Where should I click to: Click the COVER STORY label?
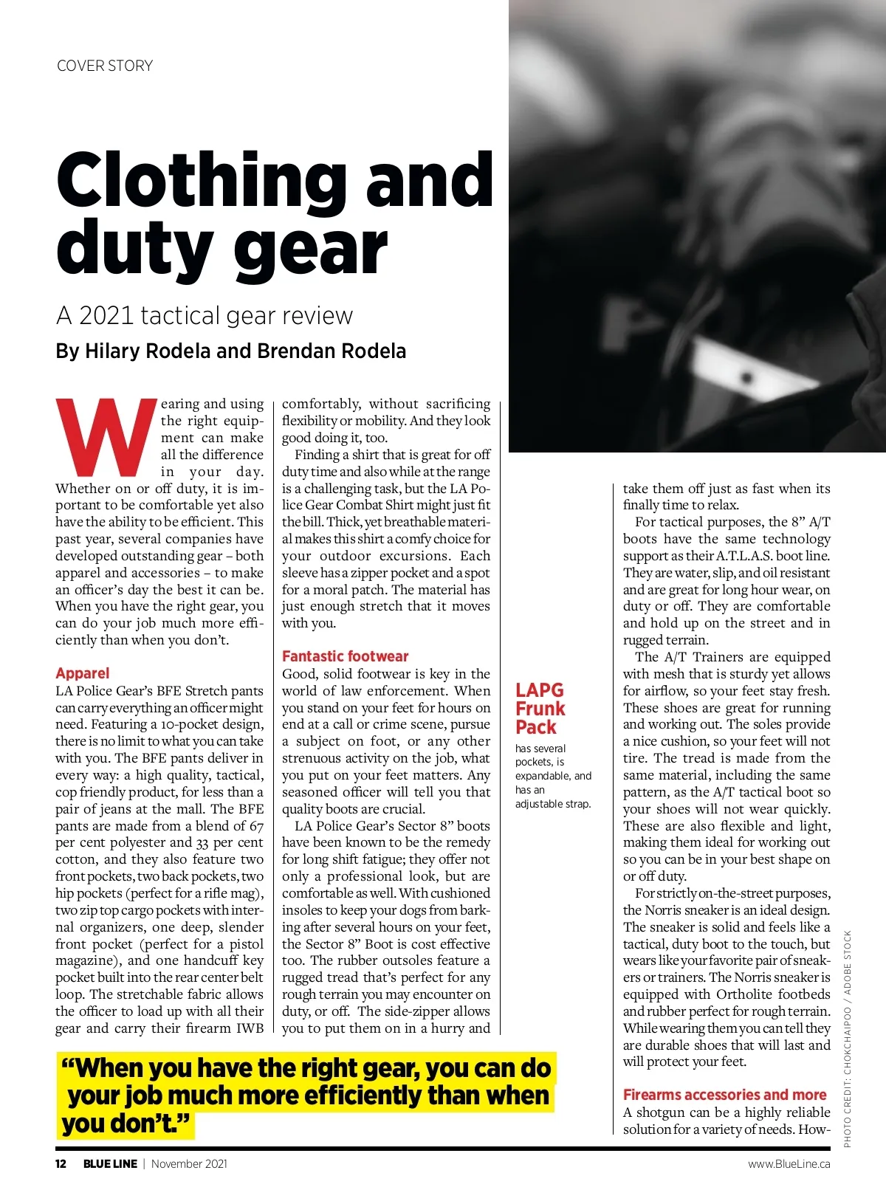click(105, 66)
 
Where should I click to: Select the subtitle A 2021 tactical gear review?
click(205, 316)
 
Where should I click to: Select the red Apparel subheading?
click(82, 673)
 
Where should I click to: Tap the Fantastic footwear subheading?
click(345, 656)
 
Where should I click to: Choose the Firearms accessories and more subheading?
click(724, 1095)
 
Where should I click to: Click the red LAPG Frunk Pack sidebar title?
click(540, 709)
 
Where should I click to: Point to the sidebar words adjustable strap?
click(552, 804)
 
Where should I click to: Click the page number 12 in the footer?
click(61, 1164)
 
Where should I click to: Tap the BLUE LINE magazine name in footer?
click(110, 1164)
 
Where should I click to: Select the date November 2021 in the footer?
click(189, 1164)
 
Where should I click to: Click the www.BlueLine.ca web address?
click(789, 1164)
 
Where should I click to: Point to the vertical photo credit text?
click(848, 1039)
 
